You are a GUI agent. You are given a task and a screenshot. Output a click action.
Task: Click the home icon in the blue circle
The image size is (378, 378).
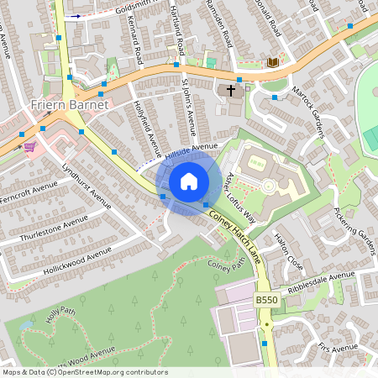[189, 181]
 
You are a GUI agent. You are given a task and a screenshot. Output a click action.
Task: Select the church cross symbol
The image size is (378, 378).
[229, 90]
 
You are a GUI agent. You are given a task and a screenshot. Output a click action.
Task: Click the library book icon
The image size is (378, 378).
[272, 62]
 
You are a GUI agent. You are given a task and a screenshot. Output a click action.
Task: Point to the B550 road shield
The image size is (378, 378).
[266, 300]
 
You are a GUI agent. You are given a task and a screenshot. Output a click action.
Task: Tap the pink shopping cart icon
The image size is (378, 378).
[29, 146]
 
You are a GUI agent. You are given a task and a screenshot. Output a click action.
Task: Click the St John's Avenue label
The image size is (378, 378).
[188, 107]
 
